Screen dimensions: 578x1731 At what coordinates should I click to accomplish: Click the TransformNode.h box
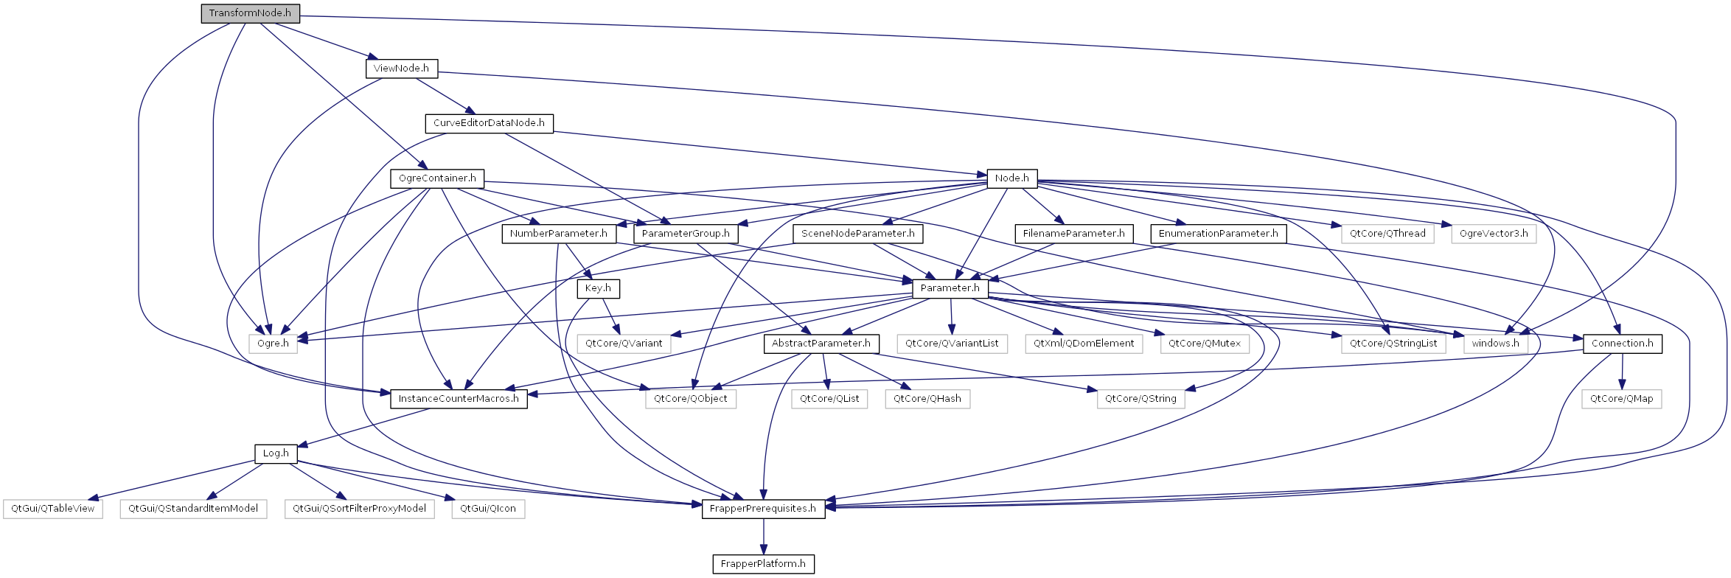tap(250, 13)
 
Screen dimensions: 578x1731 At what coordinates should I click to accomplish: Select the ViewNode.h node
tap(401, 69)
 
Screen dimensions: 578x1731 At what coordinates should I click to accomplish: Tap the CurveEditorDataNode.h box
tap(489, 123)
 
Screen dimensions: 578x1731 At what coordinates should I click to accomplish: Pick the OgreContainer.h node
tap(437, 178)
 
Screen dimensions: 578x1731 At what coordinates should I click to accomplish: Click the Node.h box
tap(1011, 178)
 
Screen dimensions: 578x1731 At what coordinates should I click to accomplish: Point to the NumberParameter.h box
tap(558, 234)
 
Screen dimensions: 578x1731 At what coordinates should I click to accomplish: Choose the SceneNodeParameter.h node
tap(857, 234)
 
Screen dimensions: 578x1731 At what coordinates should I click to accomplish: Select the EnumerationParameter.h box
tap(1218, 234)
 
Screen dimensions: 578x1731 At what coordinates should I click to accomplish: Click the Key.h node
tap(598, 288)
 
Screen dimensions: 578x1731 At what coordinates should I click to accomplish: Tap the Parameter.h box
tap(950, 288)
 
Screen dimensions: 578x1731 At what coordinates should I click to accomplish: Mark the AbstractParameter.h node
tap(821, 344)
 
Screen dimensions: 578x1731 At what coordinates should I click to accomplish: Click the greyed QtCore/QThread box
tap(1387, 234)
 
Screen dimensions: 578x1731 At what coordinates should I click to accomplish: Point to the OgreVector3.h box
tap(1494, 234)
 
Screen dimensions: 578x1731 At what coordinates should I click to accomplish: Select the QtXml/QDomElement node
tap(1084, 344)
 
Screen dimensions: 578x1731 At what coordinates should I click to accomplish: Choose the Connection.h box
tap(1622, 344)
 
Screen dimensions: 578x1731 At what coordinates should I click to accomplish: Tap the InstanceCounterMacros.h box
tap(459, 399)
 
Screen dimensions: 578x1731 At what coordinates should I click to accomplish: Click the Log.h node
tap(276, 453)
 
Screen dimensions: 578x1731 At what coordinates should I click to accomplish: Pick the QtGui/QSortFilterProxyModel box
tap(359, 509)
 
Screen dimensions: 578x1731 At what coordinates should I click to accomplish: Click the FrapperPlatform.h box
tap(763, 564)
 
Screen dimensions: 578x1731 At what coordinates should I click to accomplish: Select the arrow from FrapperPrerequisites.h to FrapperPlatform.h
tap(763, 537)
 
